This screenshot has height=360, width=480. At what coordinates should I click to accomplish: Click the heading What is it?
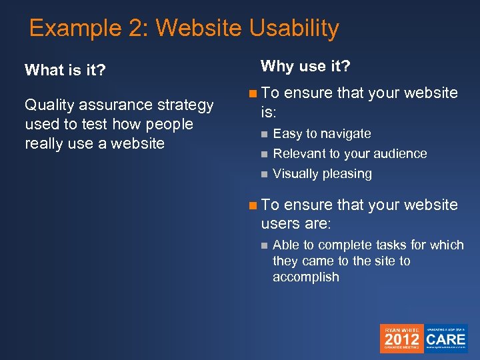pos(65,71)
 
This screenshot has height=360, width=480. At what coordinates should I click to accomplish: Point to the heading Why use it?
pos(305,66)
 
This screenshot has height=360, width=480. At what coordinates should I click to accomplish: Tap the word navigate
pos(344,134)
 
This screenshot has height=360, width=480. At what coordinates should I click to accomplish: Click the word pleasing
pos(347,174)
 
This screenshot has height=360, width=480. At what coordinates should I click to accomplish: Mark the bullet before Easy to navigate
pos(264,135)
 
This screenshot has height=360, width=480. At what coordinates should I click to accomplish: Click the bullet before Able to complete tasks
pos(264,245)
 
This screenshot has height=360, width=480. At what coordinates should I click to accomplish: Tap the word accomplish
pos(305,277)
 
